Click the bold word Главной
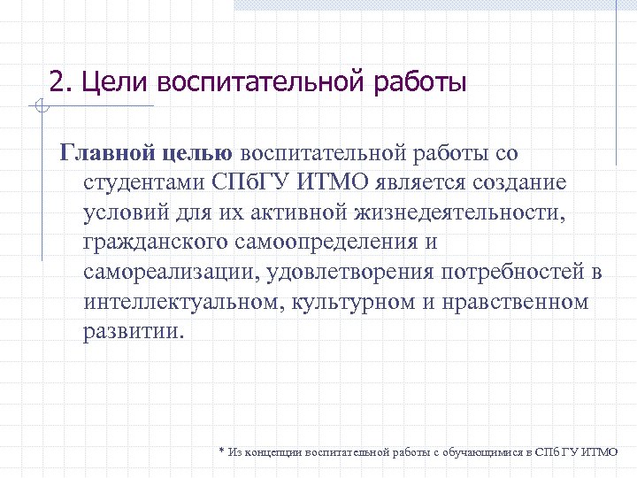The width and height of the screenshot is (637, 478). (107, 152)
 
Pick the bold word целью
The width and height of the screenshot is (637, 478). (197, 152)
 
